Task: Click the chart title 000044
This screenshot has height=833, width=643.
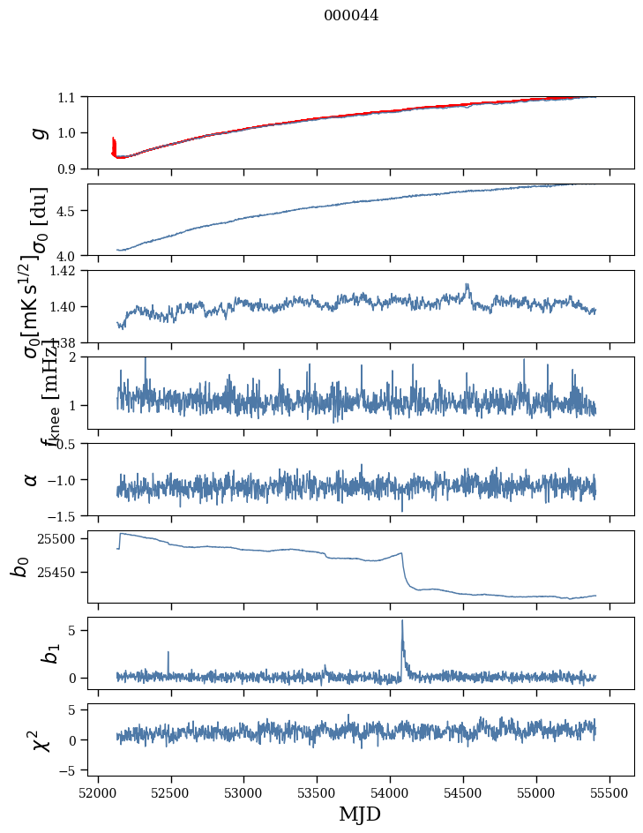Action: point(351,15)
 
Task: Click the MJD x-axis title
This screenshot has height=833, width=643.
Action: point(360,814)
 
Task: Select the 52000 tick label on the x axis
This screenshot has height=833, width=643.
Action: point(98,790)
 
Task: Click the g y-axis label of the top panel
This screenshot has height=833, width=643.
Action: point(37,132)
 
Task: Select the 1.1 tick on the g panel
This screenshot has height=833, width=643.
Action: point(67,97)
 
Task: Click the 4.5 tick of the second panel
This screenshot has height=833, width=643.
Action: point(67,211)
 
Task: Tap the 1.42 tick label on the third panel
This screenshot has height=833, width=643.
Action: point(63,271)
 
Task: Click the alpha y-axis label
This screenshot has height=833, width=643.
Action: point(32,479)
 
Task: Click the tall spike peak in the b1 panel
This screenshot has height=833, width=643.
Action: point(402,621)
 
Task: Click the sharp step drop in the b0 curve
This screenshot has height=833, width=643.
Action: point(404,569)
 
